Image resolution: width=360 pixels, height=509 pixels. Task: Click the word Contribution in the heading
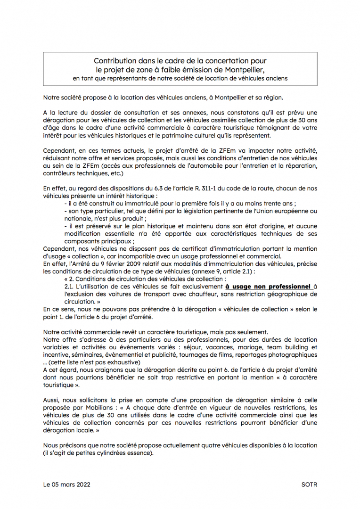[115, 61]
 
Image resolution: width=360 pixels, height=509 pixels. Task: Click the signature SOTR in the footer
[309, 484]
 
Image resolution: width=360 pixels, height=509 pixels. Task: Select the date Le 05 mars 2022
[66, 484]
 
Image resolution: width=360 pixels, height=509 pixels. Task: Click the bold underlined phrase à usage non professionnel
[268, 286]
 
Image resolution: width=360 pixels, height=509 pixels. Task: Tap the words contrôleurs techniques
[71, 173]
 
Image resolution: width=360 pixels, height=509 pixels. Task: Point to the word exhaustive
[123, 362]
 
